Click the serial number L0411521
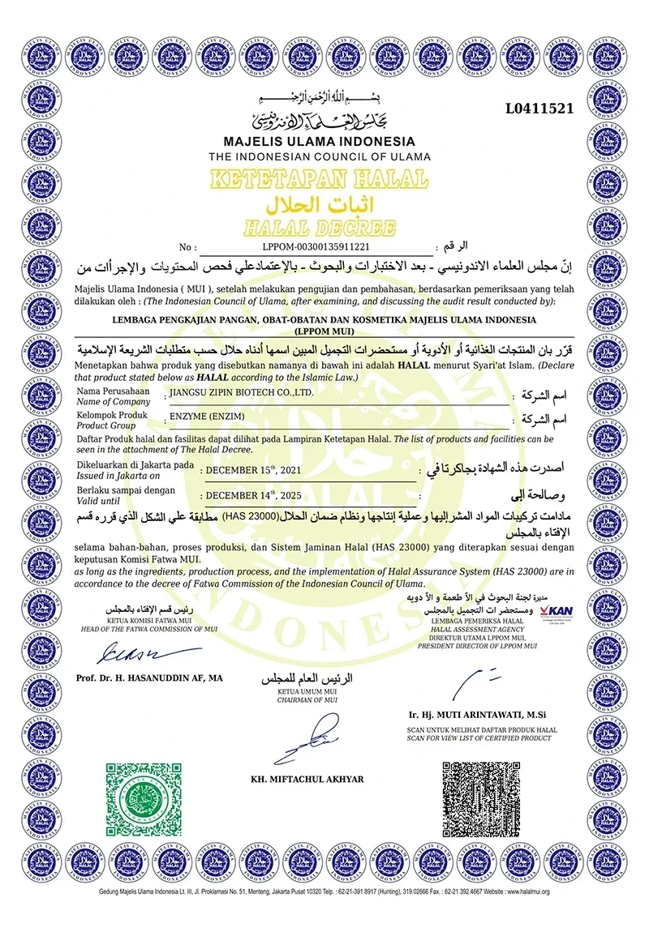[x=539, y=108]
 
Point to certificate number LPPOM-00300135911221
[x=316, y=246]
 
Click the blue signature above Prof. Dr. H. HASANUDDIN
[x=130, y=651]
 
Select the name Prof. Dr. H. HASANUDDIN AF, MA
[x=148, y=677]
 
